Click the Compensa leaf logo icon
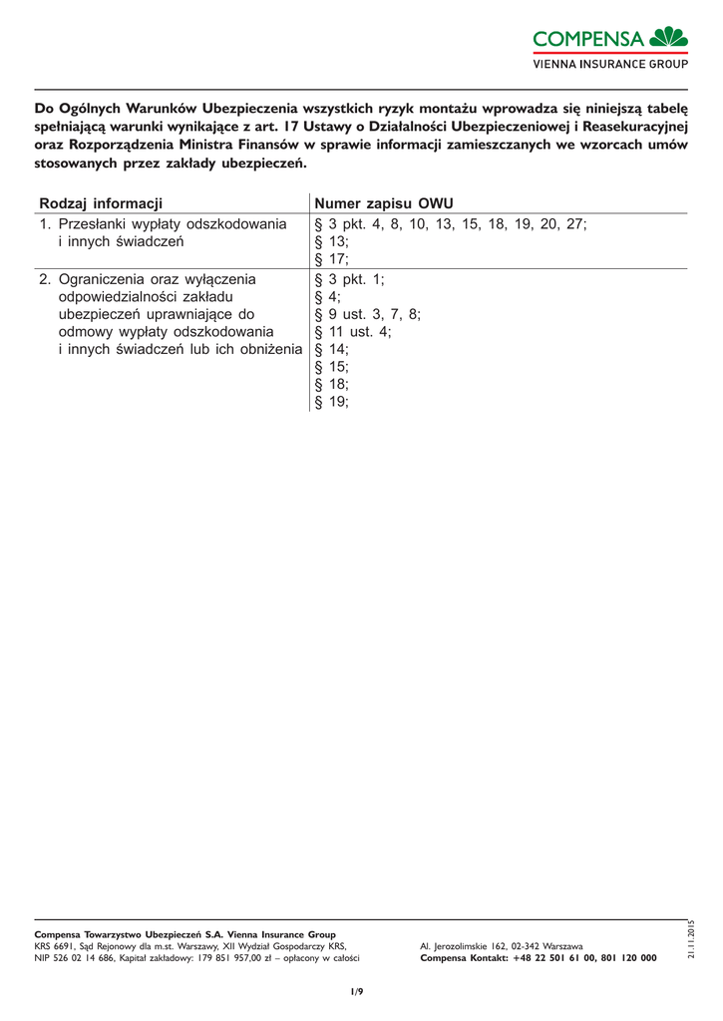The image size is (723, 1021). coord(668,38)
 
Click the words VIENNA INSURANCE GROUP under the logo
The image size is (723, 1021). coord(610,64)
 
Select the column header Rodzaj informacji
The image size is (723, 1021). coord(100,203)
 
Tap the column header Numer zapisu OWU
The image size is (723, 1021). coord(384,203)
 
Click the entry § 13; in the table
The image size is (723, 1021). coord(332,241)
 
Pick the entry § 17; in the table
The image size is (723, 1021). coord(332,259)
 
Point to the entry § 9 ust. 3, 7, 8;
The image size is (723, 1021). coord(368,314)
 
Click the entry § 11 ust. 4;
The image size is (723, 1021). coord(354,332)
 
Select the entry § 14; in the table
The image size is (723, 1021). coord(332,350)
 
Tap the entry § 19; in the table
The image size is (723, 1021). coord(332,403)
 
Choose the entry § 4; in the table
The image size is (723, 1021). coord(328,296)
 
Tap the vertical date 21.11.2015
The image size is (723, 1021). coord(690,939)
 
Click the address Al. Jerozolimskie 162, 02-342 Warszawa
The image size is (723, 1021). coord(502,945)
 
